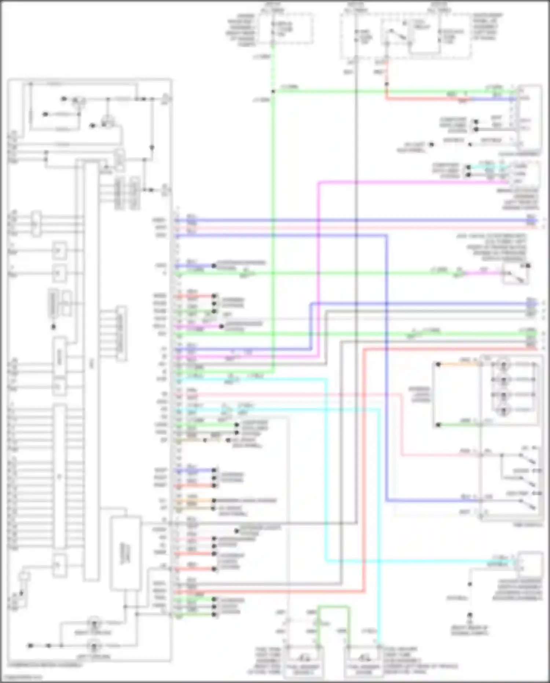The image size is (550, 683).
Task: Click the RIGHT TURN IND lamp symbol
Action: [x=94, y=623]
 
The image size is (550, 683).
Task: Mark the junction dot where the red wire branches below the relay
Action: [x=386, y=84]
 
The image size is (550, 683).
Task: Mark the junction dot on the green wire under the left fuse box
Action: [x=273, y=91]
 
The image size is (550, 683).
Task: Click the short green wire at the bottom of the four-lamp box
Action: [x=458, y=425]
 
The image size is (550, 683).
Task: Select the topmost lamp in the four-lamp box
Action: [x=503, y=364]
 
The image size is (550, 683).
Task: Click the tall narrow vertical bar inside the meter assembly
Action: [x=91, y=371]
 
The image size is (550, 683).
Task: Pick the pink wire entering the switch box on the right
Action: [x=440, y=455]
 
